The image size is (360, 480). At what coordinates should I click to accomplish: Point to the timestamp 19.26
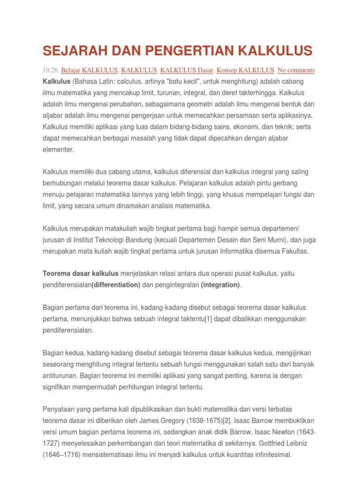pos(50,70)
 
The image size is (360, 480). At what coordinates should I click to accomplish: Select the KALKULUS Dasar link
pos(187,70)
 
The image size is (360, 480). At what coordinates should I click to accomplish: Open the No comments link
pos(296,70)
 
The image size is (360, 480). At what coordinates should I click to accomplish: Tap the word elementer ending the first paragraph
pos(58,150)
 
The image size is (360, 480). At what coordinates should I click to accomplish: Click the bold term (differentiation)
pos(116,285)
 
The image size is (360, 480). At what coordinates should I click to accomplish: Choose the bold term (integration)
pos(220,285)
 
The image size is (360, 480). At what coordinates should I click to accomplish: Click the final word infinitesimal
pos(271,455)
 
